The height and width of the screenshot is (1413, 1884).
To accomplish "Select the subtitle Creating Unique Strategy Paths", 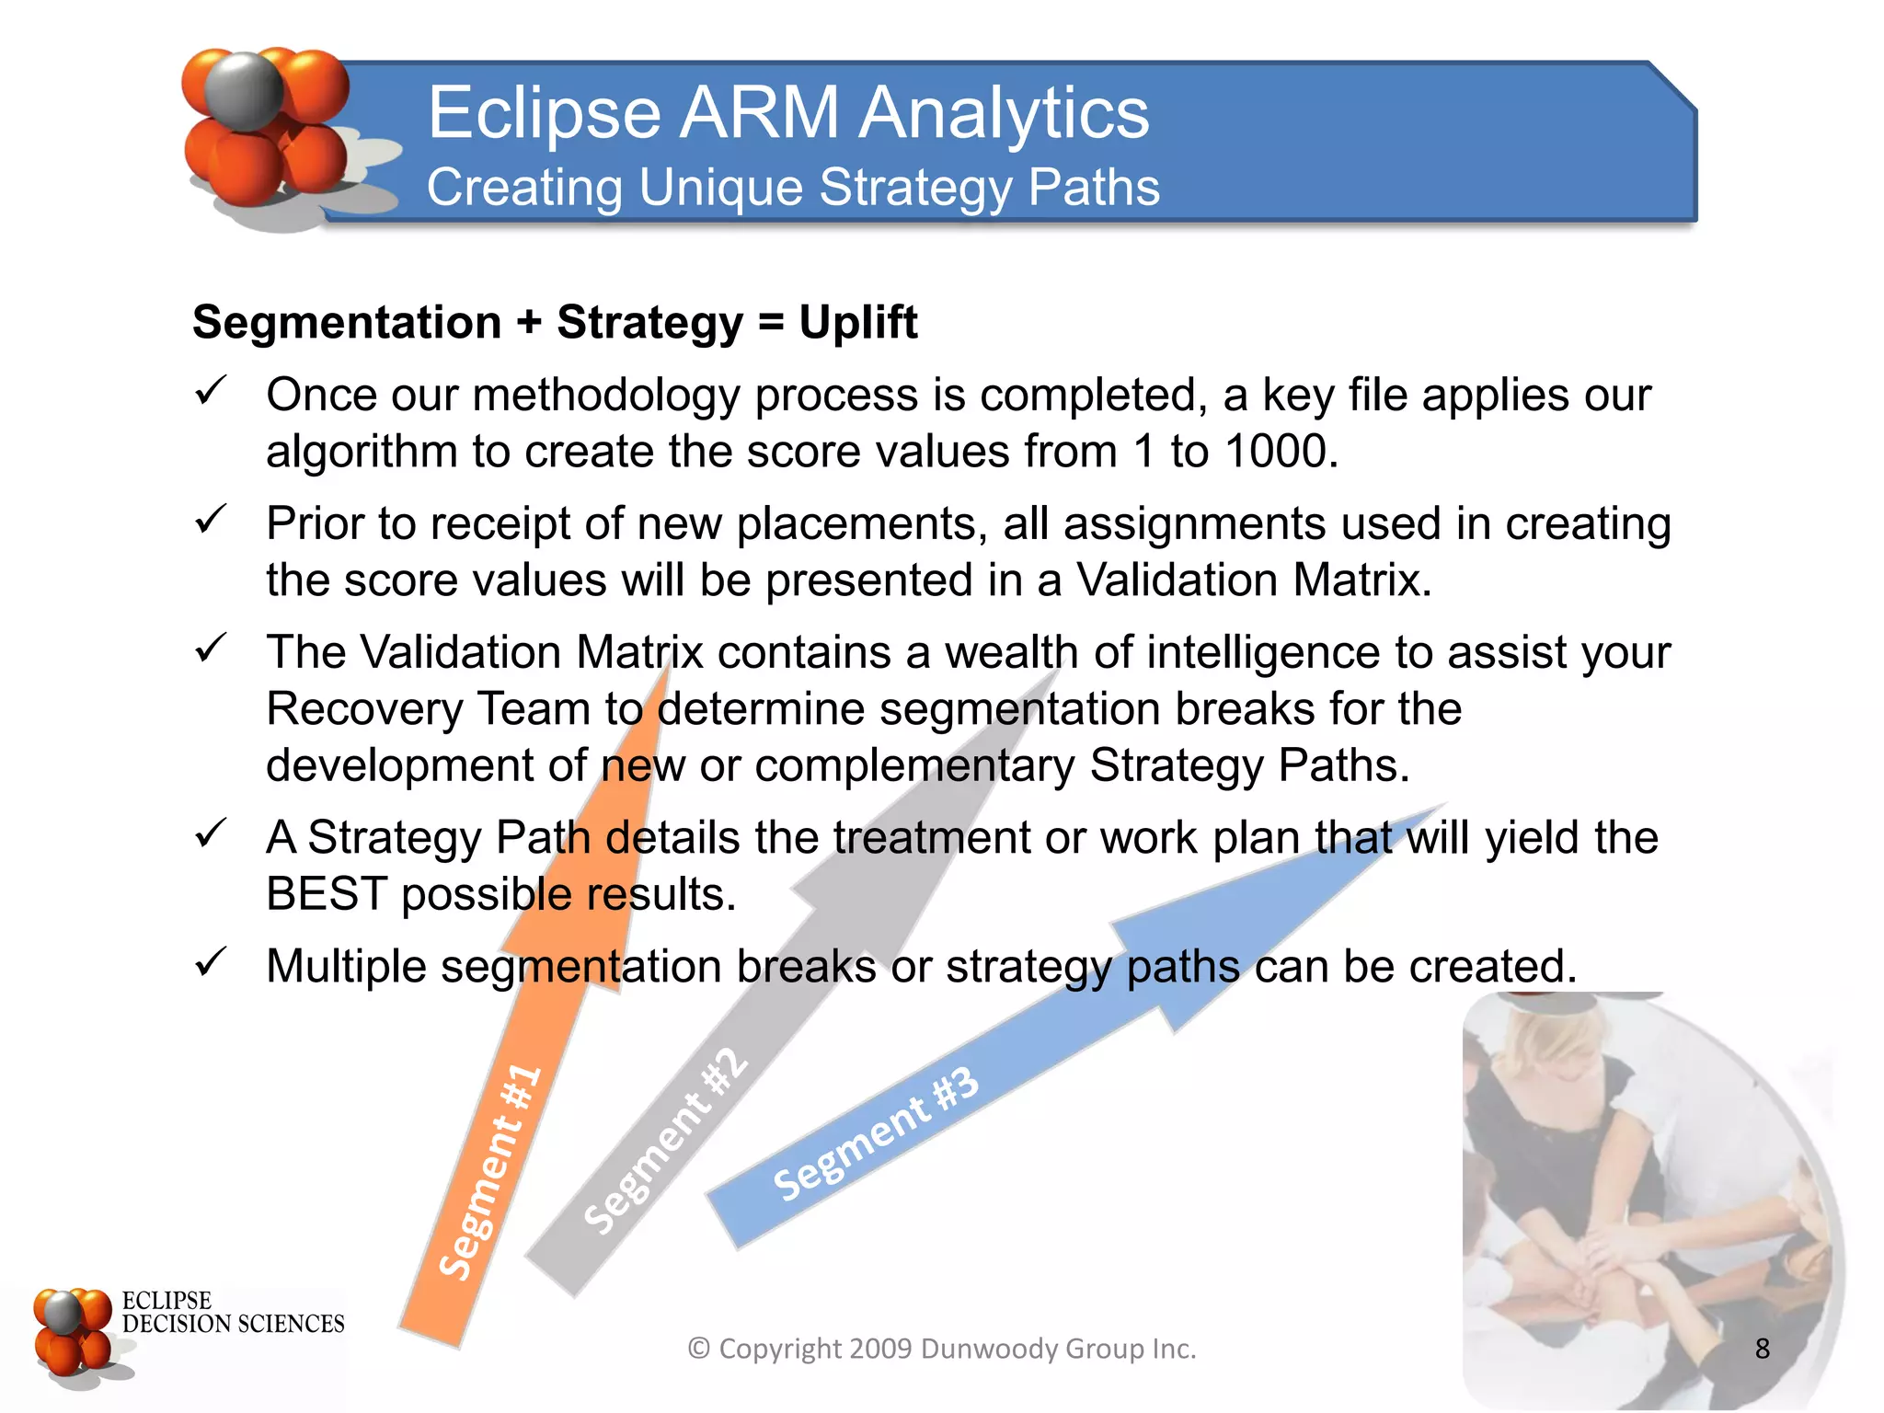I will point(792,188).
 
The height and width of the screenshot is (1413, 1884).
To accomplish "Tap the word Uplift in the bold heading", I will point(857,322).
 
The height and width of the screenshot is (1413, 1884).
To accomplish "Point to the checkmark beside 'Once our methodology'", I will point(211,392).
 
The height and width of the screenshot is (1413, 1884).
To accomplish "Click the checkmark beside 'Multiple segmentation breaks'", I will point(211,963).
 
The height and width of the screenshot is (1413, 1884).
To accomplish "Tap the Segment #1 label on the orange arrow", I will point(489,1172).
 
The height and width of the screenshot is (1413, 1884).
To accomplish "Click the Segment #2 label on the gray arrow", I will point(666,1141).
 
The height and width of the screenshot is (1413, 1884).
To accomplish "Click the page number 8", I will point(1762,1349).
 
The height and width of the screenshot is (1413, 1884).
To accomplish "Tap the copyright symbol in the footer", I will point(699,1349).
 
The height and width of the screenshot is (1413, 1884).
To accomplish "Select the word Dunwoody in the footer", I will point(989,1349).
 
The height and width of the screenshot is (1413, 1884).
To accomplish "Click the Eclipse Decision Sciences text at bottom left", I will point(232,1313).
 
